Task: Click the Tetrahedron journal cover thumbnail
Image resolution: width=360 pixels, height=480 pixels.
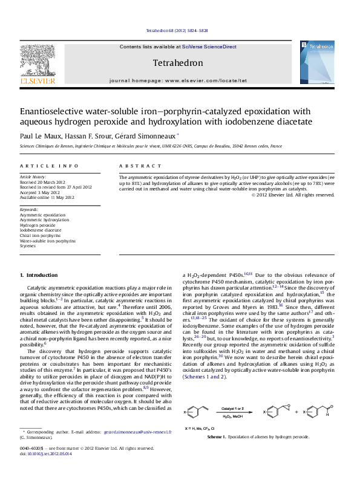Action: pyautogui.click(x=317, y=62)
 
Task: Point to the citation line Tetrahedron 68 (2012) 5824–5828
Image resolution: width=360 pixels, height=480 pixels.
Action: pyautogui.click(x=177, y=30)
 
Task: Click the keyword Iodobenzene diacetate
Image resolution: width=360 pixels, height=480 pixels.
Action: pyautogui.click(x=41, y=230)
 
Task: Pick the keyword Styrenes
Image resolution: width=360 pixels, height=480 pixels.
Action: pyautogui.click(x=28, y=246)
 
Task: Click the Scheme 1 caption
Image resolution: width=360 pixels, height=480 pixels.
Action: pyautogui.click(x=258, y=420)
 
